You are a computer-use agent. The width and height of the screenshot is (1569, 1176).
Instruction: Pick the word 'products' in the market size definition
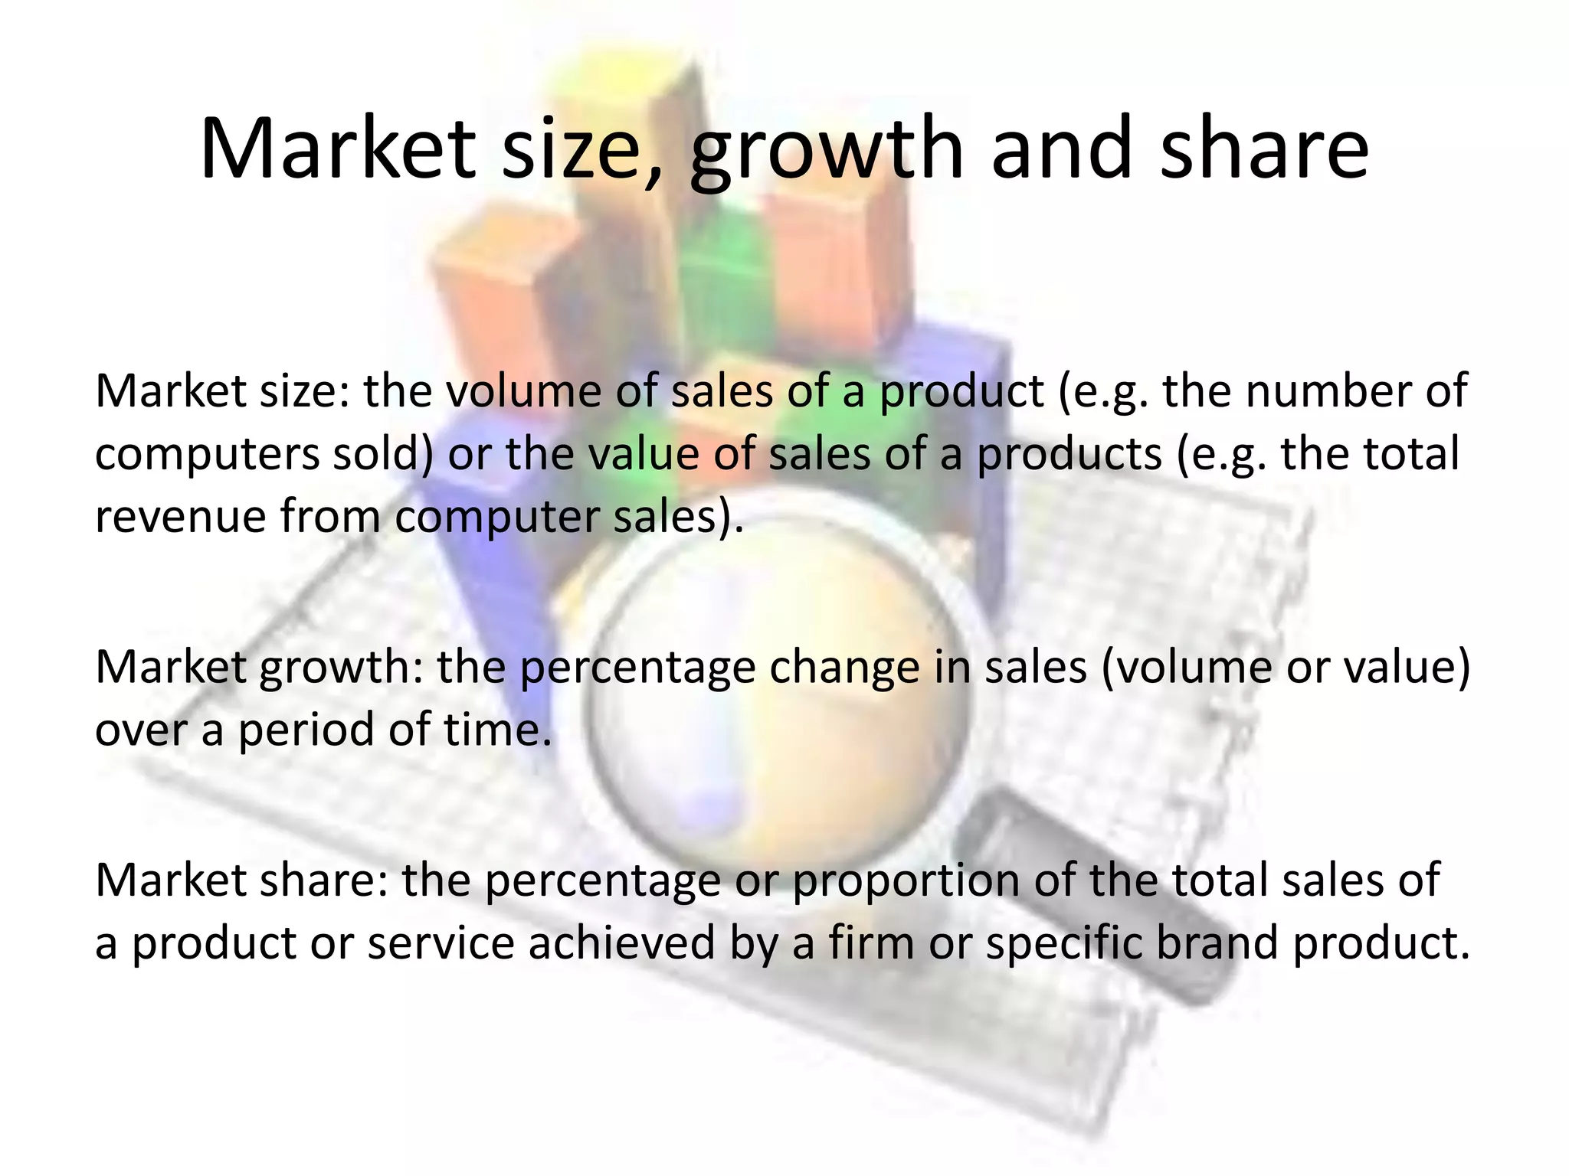tap(1069, 453)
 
